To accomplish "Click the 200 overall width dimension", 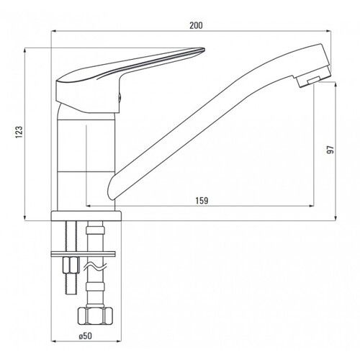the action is point(196,25).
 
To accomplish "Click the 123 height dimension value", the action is point(19,132).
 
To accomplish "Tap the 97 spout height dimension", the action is point(330,150).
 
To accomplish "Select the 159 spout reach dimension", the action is point(202,200).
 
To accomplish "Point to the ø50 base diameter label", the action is point(85,336).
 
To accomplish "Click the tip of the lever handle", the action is point(204,50).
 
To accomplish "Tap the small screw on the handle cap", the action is point(120,97).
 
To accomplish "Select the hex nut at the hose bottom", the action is point(95,316).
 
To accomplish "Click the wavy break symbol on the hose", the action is point(95,267).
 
